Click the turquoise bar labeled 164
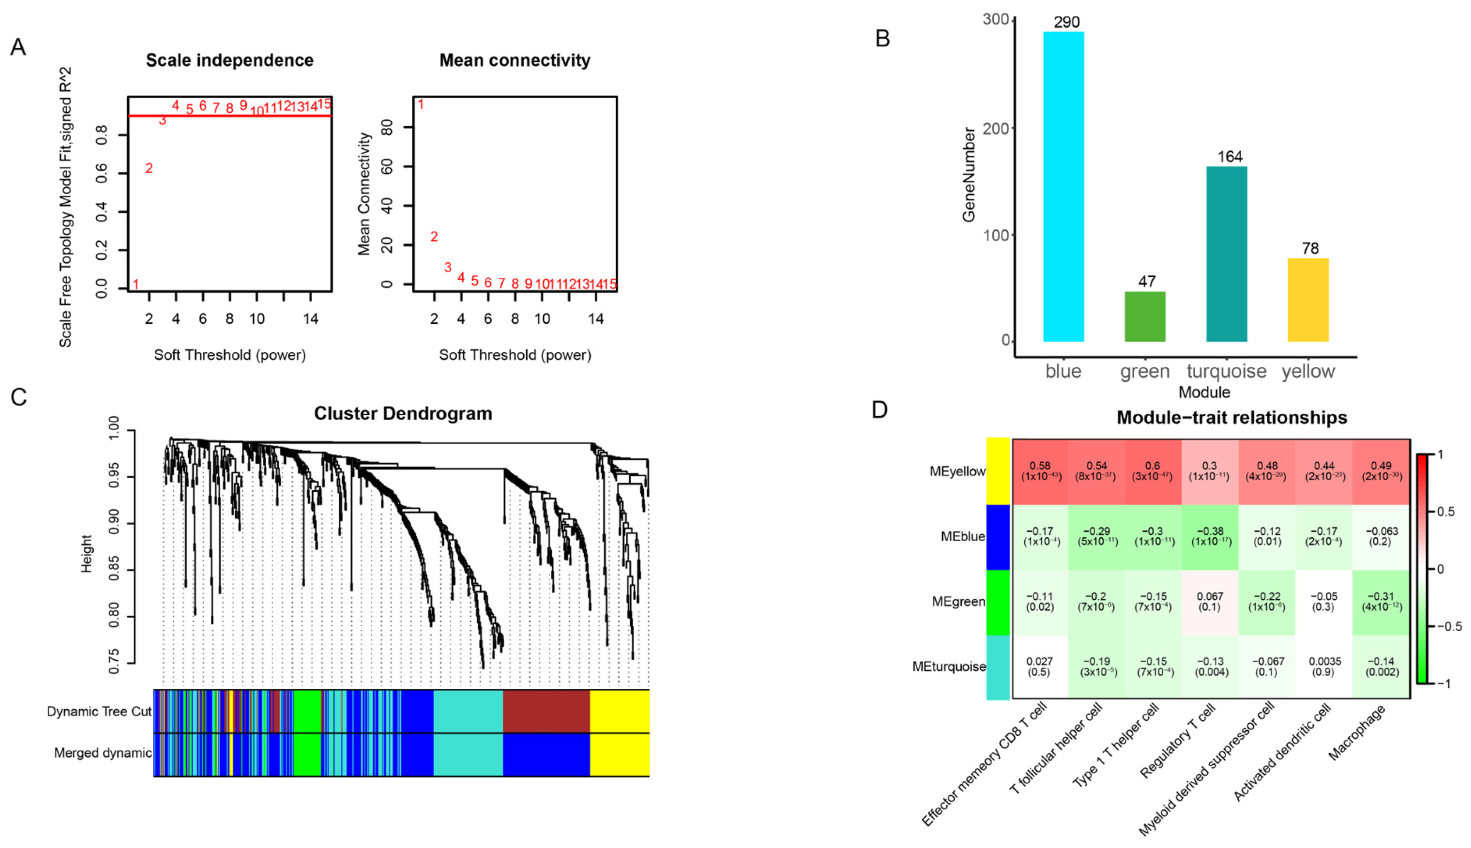[x=1226, y=254]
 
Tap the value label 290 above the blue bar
[x=1066, y=22]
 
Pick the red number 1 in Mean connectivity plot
[x=421, y=105]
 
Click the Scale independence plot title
[x=229, y=60]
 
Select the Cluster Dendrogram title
[x=403, y=414]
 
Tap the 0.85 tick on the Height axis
[x=114, y=569]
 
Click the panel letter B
[x=882, y=39]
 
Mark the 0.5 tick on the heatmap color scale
[x=1445, y=511]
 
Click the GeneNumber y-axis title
[x=969, y=175]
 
